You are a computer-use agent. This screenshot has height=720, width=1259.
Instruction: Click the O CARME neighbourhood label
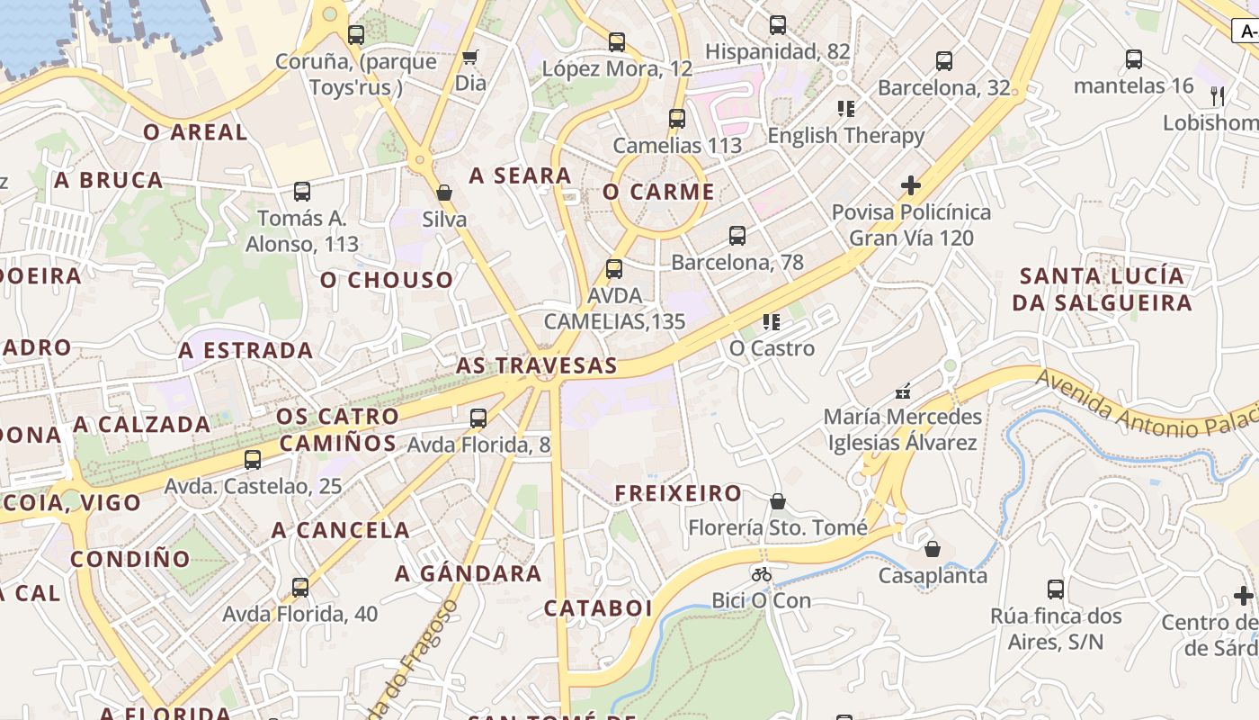658,192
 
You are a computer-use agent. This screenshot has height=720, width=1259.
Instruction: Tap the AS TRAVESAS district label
536,365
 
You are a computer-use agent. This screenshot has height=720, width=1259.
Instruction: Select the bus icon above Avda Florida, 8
478,418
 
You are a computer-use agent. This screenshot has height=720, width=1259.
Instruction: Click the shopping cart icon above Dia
469,58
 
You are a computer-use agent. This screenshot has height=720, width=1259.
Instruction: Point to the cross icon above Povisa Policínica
911,186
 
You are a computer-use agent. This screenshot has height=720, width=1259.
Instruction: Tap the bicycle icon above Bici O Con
762,574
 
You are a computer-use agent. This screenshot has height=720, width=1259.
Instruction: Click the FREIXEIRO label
678,493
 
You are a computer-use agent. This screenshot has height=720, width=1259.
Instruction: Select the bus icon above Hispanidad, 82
778,25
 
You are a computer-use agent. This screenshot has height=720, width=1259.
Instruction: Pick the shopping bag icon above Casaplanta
933,549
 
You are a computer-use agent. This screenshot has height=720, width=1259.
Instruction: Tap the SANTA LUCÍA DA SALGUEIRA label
1102,289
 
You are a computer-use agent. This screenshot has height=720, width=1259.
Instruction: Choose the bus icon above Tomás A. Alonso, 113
302,192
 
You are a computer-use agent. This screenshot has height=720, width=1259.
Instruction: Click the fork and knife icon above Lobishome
1218,95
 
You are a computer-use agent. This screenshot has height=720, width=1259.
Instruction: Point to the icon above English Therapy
845,109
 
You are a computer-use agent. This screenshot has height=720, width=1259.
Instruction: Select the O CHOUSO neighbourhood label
387,280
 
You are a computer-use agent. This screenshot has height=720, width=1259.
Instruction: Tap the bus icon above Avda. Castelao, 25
253,460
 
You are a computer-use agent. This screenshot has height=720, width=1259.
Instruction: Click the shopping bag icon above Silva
444,193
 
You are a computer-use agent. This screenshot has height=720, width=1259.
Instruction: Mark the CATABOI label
598,608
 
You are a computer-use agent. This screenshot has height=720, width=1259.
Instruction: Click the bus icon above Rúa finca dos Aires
1056,589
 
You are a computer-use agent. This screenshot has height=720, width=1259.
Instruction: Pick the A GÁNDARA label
469,573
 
